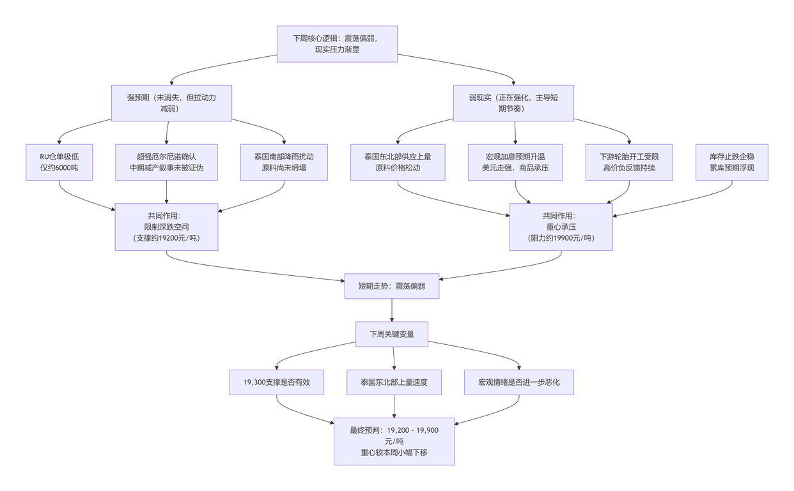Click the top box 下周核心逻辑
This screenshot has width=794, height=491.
(x=337, y=44)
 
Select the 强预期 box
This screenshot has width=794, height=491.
(x=171, y=103)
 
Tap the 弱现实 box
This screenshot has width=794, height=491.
(x=513, y=103)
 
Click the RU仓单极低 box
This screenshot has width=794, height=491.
(x=59, y=162)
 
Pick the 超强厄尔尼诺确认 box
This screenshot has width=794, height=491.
(x=167, y=162)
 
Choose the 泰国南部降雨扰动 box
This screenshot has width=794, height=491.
(x=284, y=162)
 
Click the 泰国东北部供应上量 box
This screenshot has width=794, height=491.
(x=398, y=162)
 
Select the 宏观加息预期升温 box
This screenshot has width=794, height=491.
(x=515, y=162)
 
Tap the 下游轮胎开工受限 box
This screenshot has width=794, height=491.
(x=629, y=162)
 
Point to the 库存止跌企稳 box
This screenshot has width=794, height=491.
(x=732, y=162)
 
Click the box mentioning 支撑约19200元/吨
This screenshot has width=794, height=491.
(x=167, y=227)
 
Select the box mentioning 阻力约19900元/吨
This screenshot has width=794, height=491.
(x=561, y=227)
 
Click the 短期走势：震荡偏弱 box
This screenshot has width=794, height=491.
(x=392, y=286)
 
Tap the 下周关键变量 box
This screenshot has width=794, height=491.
(x=392, y=334)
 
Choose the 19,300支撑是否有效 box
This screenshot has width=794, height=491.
(x=276, y=382)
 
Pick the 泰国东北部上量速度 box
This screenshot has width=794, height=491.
(x=394, y=382)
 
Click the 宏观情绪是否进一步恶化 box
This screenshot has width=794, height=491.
(x=519, y=382)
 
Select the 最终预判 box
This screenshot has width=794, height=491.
(x=394, y=441)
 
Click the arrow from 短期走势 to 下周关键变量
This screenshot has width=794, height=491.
(x=392, y=310)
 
